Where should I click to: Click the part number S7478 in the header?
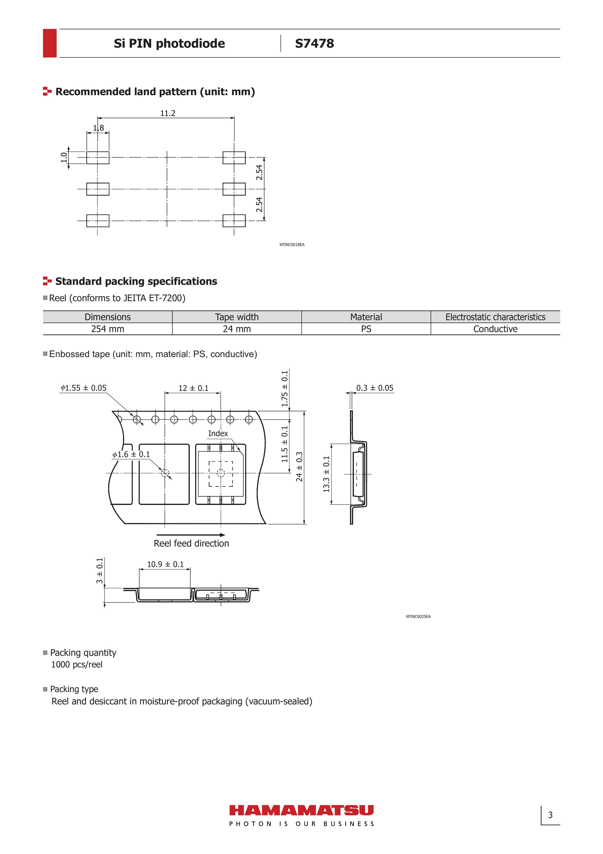click(314, 44)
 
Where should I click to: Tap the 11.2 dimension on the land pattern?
click(168, 113)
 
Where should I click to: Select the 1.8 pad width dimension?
click(98, 128)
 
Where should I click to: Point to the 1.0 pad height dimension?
click(64, 157)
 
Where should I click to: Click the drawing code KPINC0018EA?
click(292, 245)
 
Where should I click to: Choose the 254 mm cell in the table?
click(107, 329)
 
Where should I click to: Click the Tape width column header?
click(236, 317)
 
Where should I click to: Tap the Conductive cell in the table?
click(495, 329)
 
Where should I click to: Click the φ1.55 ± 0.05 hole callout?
click(84, 388)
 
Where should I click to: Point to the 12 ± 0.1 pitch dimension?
click(193, 388)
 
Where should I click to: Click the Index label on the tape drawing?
click(218, 434)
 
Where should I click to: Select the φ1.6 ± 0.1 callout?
click(131, 455)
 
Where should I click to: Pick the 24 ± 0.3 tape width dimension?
click(299, 467)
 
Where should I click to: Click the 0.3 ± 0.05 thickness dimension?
click(375, 388)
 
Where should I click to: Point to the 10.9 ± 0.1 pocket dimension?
click(166, 564)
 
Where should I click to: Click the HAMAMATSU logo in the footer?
click(301, 810)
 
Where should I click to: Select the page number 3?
click(550, 815)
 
